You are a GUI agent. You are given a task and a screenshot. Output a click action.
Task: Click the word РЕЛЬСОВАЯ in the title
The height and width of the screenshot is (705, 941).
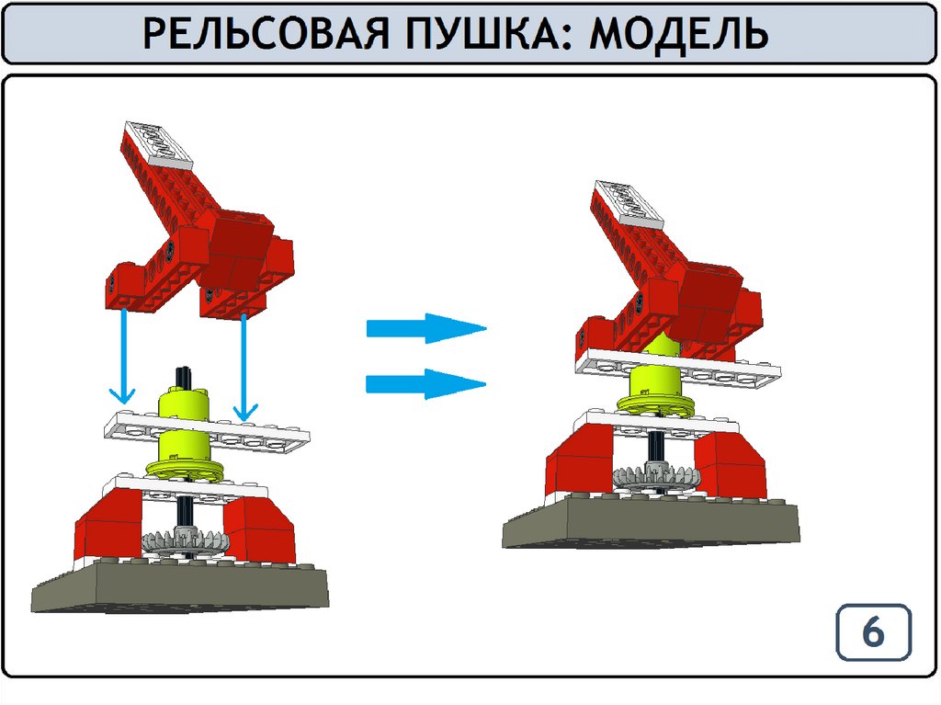point(266,33)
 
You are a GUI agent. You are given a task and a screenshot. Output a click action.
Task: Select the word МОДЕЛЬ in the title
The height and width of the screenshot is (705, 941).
point(679,33)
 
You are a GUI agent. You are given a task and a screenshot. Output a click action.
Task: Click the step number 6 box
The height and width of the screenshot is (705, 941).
point(874,632)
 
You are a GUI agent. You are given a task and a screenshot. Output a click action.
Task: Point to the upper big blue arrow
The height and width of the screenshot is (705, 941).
point(426,328)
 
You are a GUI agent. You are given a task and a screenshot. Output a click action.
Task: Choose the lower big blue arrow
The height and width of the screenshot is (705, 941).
point(426,383)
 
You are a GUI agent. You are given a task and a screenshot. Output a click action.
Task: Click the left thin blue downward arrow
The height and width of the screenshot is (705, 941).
point(124,356)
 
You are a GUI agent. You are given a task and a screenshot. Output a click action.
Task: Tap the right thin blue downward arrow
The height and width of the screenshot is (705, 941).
point(244,367)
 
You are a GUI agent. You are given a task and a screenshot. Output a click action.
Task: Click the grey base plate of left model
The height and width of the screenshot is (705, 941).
point(180,587)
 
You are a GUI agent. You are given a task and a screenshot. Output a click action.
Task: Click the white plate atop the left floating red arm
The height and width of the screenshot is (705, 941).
point(158,142)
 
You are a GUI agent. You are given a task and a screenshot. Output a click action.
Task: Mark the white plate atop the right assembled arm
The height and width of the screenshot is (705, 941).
point(627,203)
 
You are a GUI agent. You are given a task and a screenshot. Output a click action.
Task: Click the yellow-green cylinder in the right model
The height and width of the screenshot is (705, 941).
point(654,380)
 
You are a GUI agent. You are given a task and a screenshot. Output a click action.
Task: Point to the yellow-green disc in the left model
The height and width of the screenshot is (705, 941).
point(184,471)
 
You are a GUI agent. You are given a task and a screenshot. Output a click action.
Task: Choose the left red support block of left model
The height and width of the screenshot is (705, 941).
point(109,529)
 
